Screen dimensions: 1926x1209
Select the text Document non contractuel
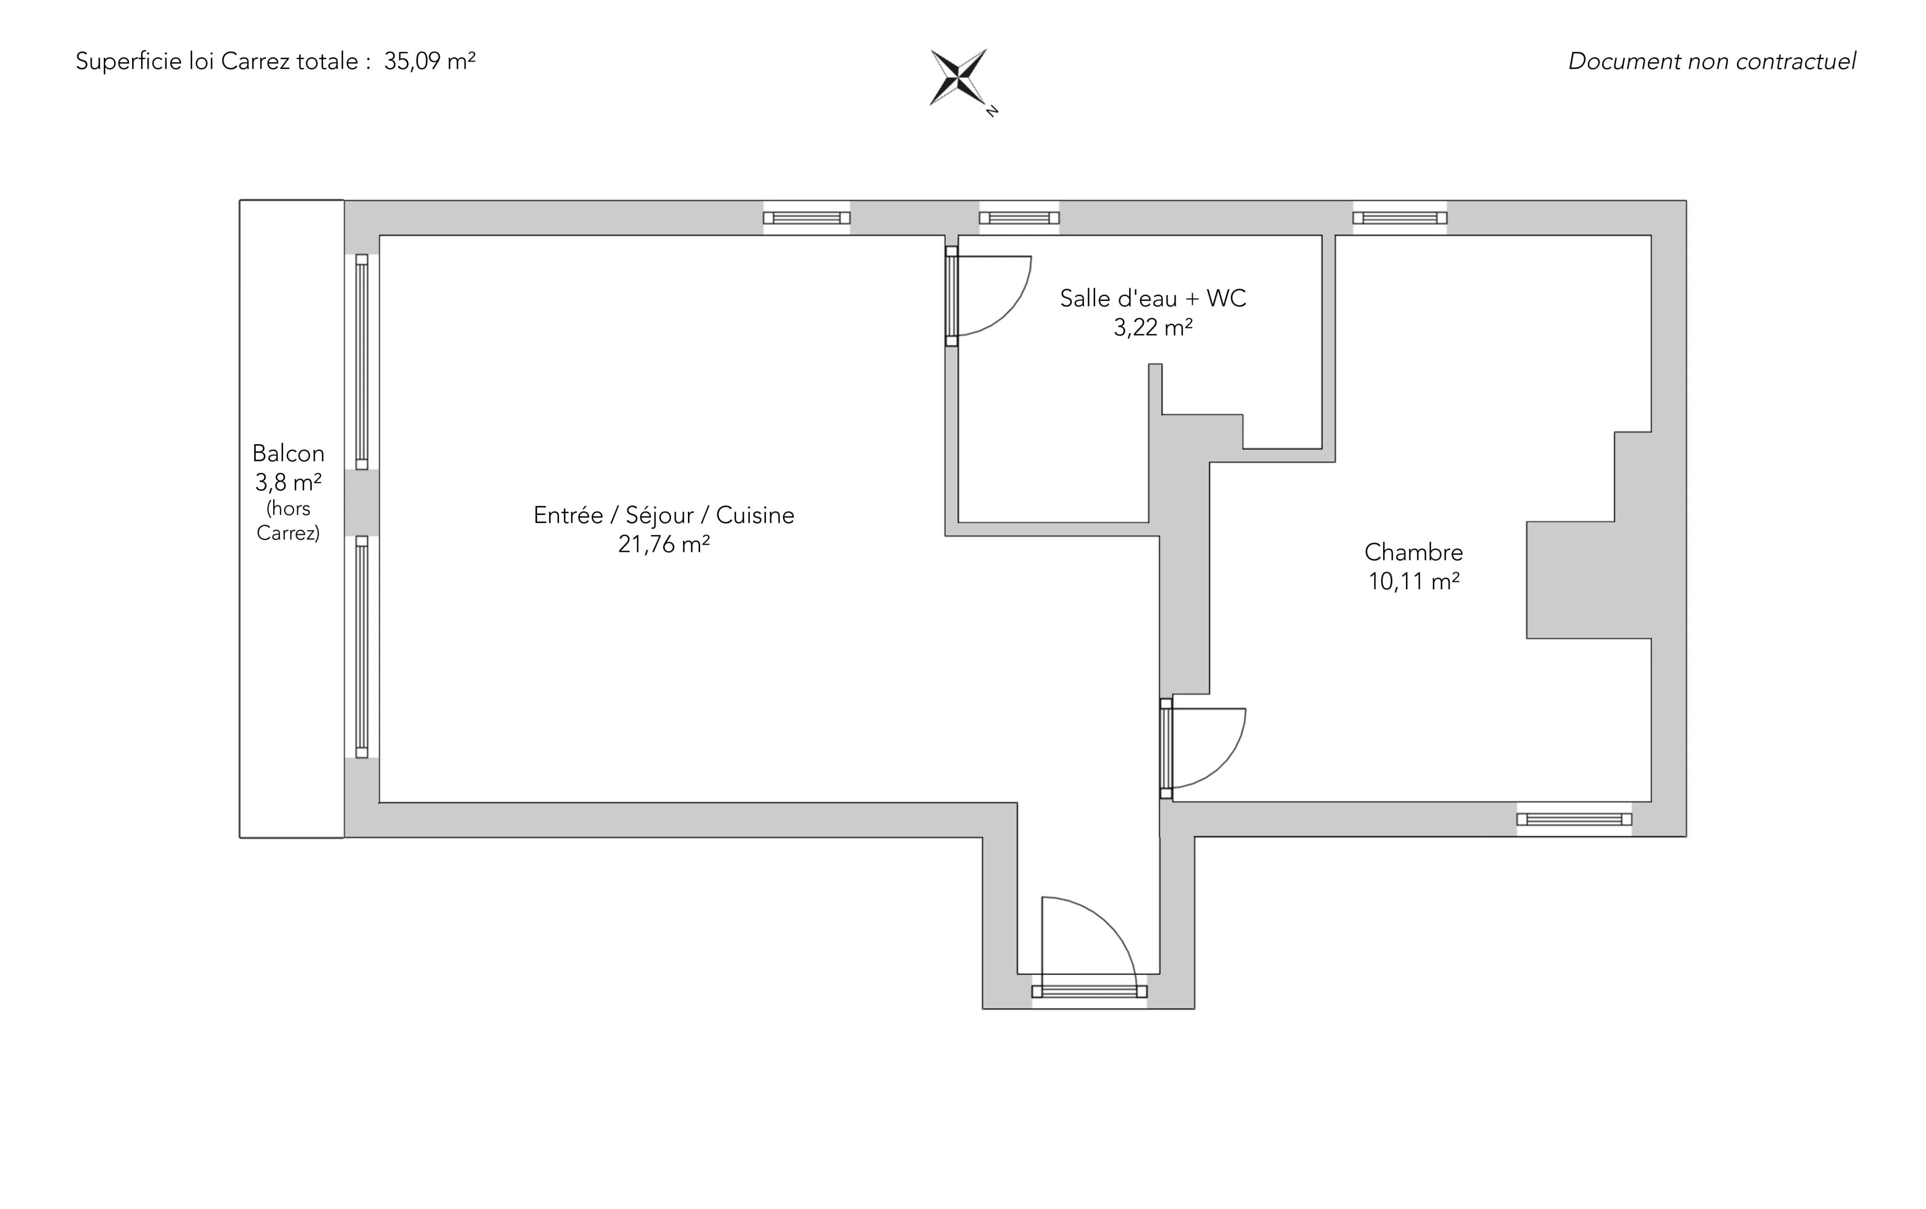point(1712,62)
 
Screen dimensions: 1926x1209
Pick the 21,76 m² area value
point(664,544)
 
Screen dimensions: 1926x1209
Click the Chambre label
point(1413,552)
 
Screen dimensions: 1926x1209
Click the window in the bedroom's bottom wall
point(1574,819)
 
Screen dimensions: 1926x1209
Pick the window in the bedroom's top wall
point(1400,218)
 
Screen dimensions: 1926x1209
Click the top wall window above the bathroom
point(1019,218)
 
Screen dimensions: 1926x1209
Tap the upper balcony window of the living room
point(362,361)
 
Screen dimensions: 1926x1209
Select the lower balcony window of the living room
point(362,646)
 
